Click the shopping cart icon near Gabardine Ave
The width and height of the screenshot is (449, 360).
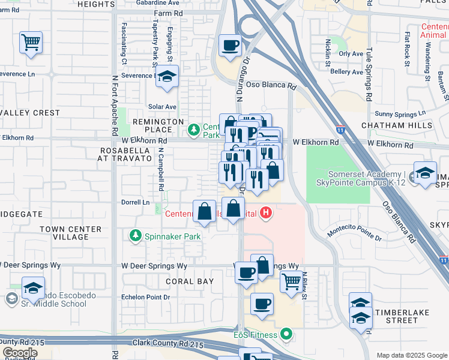(31, 42)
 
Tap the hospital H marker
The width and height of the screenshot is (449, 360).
(266, 212)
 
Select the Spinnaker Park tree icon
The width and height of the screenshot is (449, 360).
(136, 236)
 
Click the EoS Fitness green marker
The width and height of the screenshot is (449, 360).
(287, 334)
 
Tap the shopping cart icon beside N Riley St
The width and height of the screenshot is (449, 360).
(291, 280)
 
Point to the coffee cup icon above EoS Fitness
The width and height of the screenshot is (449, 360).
(261, 304)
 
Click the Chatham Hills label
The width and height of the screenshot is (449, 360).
(397, 125)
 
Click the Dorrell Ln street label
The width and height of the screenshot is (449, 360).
(135, 202)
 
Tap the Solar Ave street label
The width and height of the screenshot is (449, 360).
(162, 106)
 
